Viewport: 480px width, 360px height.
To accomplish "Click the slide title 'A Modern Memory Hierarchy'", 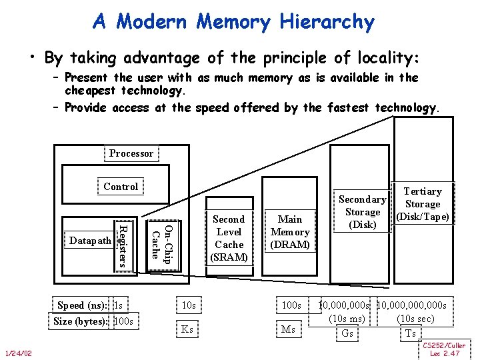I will pos(233,22).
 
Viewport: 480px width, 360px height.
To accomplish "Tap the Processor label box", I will pos(131,153).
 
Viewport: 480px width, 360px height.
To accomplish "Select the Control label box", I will pos(121,187).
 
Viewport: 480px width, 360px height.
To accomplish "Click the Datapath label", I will pos(90,239).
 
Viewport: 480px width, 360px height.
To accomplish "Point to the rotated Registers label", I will pos(123,245).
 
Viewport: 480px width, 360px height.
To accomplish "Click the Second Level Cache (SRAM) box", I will pos(229,238).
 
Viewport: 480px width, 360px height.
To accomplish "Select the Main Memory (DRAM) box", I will pos(290,231).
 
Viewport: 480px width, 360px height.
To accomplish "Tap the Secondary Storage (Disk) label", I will pos(362,212).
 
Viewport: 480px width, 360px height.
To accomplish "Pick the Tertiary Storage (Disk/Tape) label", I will pos(423,204).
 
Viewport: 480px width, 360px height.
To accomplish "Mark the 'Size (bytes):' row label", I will pos(82,321).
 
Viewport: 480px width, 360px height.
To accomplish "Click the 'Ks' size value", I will pos(187,329).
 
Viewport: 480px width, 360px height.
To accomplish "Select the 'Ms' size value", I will pos(289,329).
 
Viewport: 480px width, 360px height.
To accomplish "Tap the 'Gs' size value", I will pos(347,333).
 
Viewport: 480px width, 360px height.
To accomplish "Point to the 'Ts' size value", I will pos(411,333).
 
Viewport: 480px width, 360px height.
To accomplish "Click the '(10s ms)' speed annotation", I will pos(347,319).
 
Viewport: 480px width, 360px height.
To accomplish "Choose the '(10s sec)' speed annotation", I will pos(415,319).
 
